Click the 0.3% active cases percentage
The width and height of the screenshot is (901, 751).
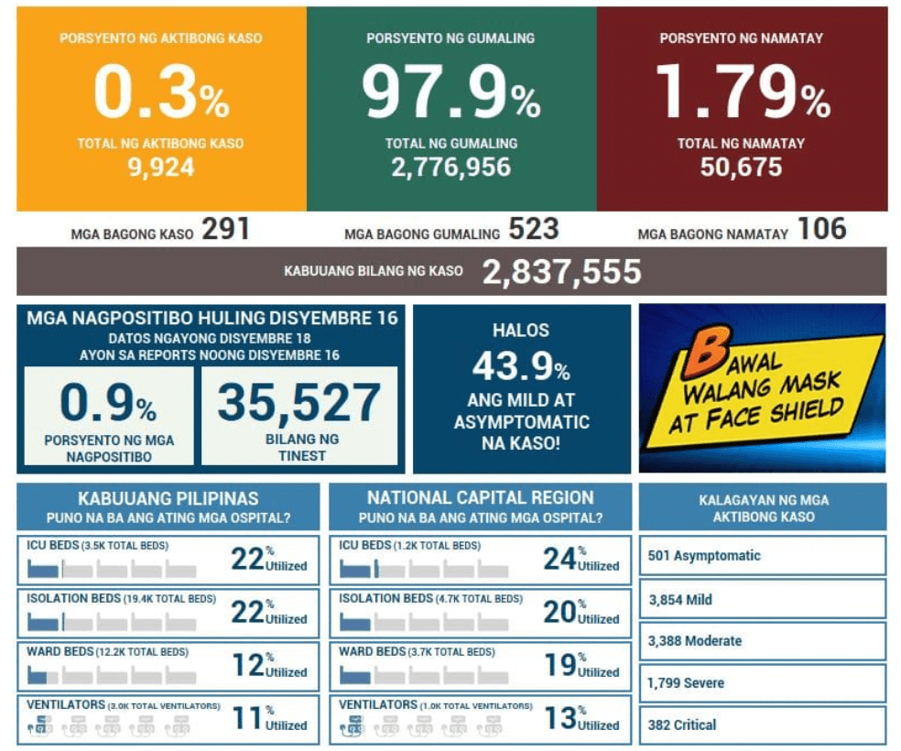(161, 93)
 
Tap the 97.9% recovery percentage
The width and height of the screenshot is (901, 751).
(450, 93)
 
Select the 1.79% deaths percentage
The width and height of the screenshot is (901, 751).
(742, 93)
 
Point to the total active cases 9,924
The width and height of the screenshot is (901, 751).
(161, 168)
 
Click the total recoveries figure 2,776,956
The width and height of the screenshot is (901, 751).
(450, 168)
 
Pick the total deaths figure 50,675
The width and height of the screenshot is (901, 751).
(741, 168)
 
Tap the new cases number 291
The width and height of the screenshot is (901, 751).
(225, 230)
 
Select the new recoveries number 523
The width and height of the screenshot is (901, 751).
(534, 230)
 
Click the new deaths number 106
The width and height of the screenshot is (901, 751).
(821, 230)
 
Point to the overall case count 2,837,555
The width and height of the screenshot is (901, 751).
(561, 272)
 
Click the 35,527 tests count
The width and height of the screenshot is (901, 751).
(299, 403)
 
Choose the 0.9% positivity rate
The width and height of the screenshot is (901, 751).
(108, 403)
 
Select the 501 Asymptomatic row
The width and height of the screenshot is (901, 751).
(762, 556)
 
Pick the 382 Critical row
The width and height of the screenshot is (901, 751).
(762, 724)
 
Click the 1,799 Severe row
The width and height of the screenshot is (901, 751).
(762, 682)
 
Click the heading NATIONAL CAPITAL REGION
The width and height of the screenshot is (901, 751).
(480, 498)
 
